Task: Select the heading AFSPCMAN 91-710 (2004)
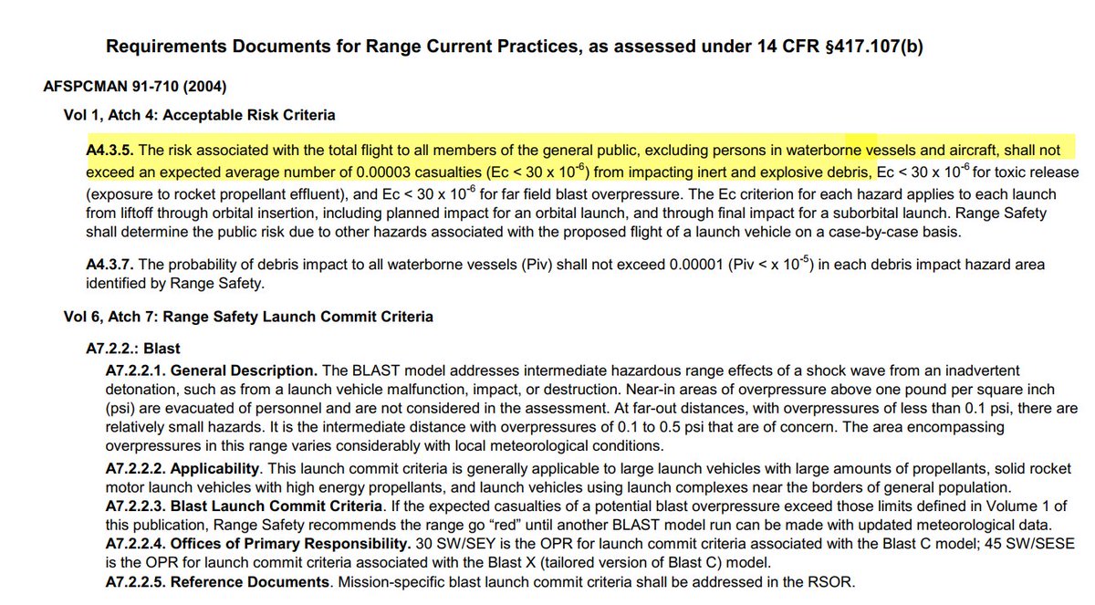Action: pos(135,88)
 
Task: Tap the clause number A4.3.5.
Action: pos(109,150)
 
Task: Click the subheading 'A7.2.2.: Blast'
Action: pos(129,349)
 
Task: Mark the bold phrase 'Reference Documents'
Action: pos(249,581)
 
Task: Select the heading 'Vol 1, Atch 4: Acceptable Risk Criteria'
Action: pos(193,115)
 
